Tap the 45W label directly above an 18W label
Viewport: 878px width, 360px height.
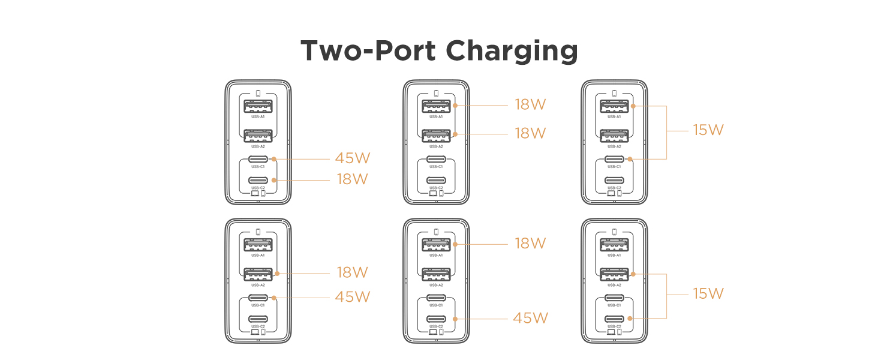pyautogui.click(x=353, y=158)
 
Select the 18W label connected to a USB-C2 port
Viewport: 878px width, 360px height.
pyautogui.click(x=353, y=179)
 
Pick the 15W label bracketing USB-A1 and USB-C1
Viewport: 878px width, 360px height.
pyautogui.click(x=708, y=130)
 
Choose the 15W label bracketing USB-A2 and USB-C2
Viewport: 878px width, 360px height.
pyautogui.click(x=708, y=293)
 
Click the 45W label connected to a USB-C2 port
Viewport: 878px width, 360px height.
pyautogui.click(x=531, y=318)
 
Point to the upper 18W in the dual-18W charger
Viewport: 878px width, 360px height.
pyautogui.click(x=531, y=104)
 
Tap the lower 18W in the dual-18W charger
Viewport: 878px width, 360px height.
pyautogui.click(x=531, y=133)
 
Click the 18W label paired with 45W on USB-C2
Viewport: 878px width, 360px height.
pyautogui.click(x=531, y=243)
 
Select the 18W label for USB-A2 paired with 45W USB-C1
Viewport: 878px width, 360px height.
pyautogui.click(x=353, y=272)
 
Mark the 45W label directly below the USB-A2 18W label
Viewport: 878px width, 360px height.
pyautogui.click(x=353, y=297)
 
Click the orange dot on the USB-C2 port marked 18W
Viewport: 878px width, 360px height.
pyautogui.click(x=273, y=179)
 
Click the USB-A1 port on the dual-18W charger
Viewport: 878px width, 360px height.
pyautogui.click(x=437, y=107)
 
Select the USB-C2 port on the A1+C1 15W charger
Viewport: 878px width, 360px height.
pyautogui.click(x=615, y=180)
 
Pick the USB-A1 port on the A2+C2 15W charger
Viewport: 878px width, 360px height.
pyautogui.click(x=615, y=245)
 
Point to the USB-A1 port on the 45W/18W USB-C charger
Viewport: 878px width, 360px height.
pyautogui.click(x=258, y=107)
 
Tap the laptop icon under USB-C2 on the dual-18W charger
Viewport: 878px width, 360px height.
pyautogui.click(x=433, y=193)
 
